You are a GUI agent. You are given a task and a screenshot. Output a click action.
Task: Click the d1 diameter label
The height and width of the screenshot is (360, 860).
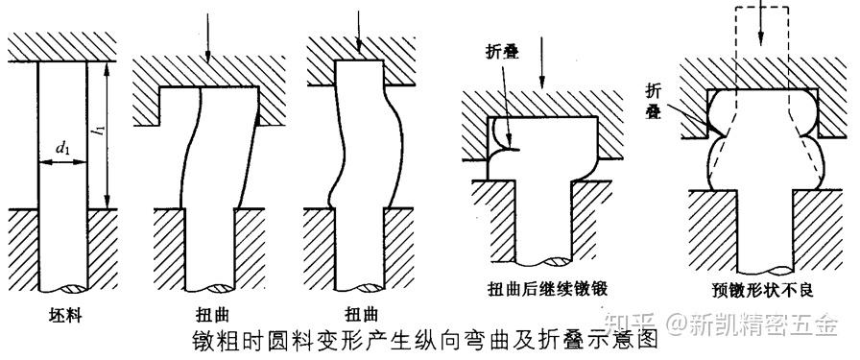pyautogui.click(x=62, y=147)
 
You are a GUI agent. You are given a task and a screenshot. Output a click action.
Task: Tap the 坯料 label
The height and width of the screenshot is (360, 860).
pyautogui.click(x=62, y=314)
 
